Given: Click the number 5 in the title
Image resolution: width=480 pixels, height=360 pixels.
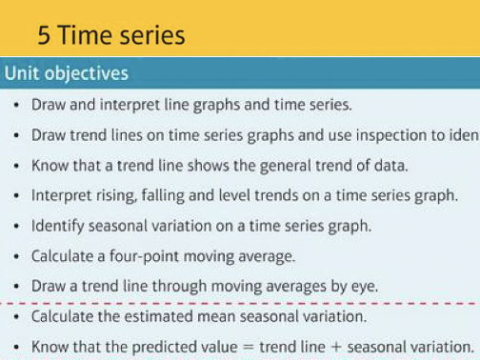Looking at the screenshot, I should pos(45,35).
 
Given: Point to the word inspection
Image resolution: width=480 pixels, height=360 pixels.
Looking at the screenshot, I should pos(397,135).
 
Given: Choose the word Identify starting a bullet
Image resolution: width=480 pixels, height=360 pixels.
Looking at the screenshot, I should pos(58,227).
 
